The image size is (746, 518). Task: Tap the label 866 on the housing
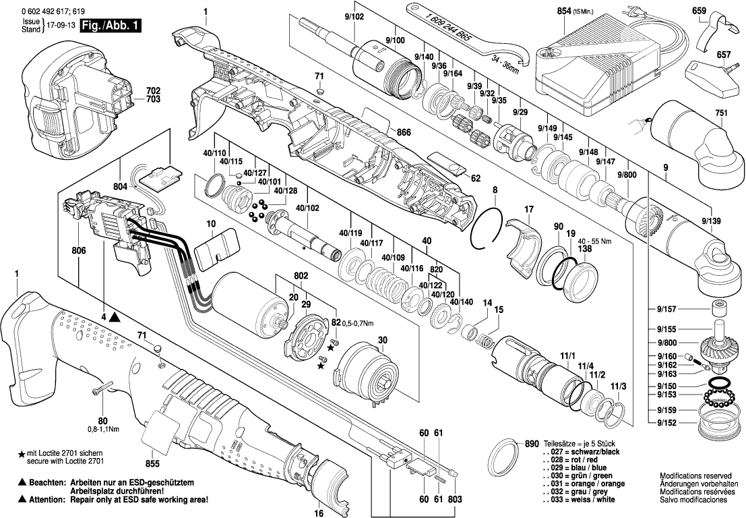(404, 133)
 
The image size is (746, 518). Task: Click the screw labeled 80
(98, 389)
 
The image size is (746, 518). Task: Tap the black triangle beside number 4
(115, 316)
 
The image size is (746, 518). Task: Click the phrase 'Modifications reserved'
(693, 476)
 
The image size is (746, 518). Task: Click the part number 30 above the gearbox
(383, 339)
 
